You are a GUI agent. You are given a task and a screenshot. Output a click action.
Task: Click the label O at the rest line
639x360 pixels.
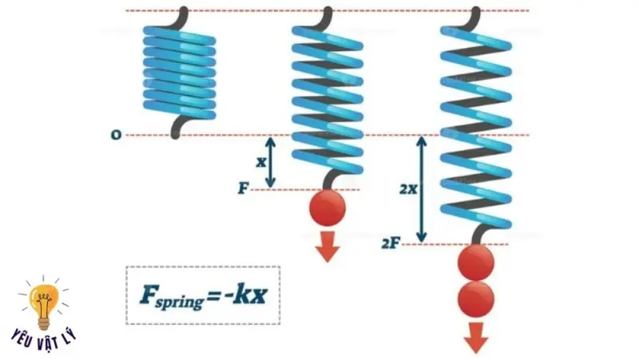[x=117, y=135]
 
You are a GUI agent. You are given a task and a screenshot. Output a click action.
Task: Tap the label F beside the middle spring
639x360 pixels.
[x=243, y=189]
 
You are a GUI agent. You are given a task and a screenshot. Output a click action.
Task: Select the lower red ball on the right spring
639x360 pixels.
[x=477, y=299]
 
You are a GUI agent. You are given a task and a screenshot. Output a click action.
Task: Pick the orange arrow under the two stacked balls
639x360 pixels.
[x=477, y=337]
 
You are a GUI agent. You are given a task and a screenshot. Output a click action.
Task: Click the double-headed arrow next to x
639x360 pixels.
[x=271, y=162]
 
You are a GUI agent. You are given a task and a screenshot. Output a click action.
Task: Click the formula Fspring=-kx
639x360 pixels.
[x=203, y=295]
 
